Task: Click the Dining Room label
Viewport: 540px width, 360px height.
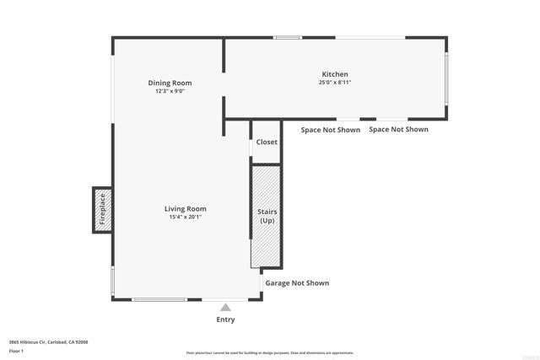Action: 170,83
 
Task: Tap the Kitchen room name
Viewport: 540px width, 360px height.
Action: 334,74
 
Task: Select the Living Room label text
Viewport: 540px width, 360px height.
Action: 185,208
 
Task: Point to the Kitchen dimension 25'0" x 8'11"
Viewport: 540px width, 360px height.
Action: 334,83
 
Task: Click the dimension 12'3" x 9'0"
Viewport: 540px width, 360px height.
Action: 170,91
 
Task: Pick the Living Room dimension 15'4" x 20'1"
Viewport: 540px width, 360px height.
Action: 185,217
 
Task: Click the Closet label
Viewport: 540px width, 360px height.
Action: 267,142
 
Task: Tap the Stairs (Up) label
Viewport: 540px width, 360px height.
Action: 267,216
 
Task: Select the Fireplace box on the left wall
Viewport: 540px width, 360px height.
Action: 102,208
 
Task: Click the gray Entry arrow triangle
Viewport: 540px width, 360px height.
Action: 225,309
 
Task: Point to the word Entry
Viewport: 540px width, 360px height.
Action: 225,320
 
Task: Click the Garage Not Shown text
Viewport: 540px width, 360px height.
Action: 297,283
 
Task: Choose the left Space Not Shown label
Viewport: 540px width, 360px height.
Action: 331,130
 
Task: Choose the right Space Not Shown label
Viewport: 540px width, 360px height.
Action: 398,129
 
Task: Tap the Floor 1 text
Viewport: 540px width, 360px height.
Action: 17,350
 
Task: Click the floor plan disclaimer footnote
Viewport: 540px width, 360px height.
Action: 270,353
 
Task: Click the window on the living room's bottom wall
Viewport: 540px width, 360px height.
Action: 159,300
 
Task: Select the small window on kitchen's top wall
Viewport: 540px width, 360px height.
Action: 288,37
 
